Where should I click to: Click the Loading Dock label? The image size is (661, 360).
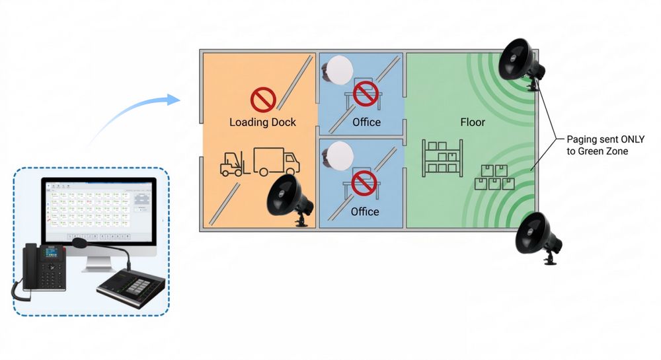point(262,122)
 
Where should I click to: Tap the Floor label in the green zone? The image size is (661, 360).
point(473,122)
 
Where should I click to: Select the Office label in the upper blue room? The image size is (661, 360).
point(366,122)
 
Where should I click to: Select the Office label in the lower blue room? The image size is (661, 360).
point(365,211)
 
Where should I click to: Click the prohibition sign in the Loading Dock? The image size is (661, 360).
point(262,100)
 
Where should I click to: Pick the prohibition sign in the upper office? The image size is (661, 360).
point(364,94)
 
